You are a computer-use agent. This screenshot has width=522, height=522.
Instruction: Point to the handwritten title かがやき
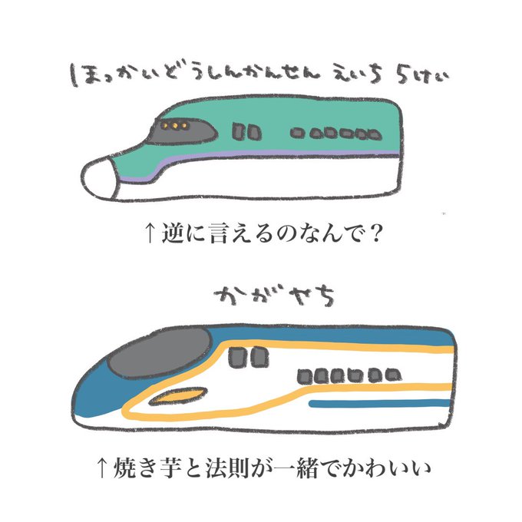click(260, 295)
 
